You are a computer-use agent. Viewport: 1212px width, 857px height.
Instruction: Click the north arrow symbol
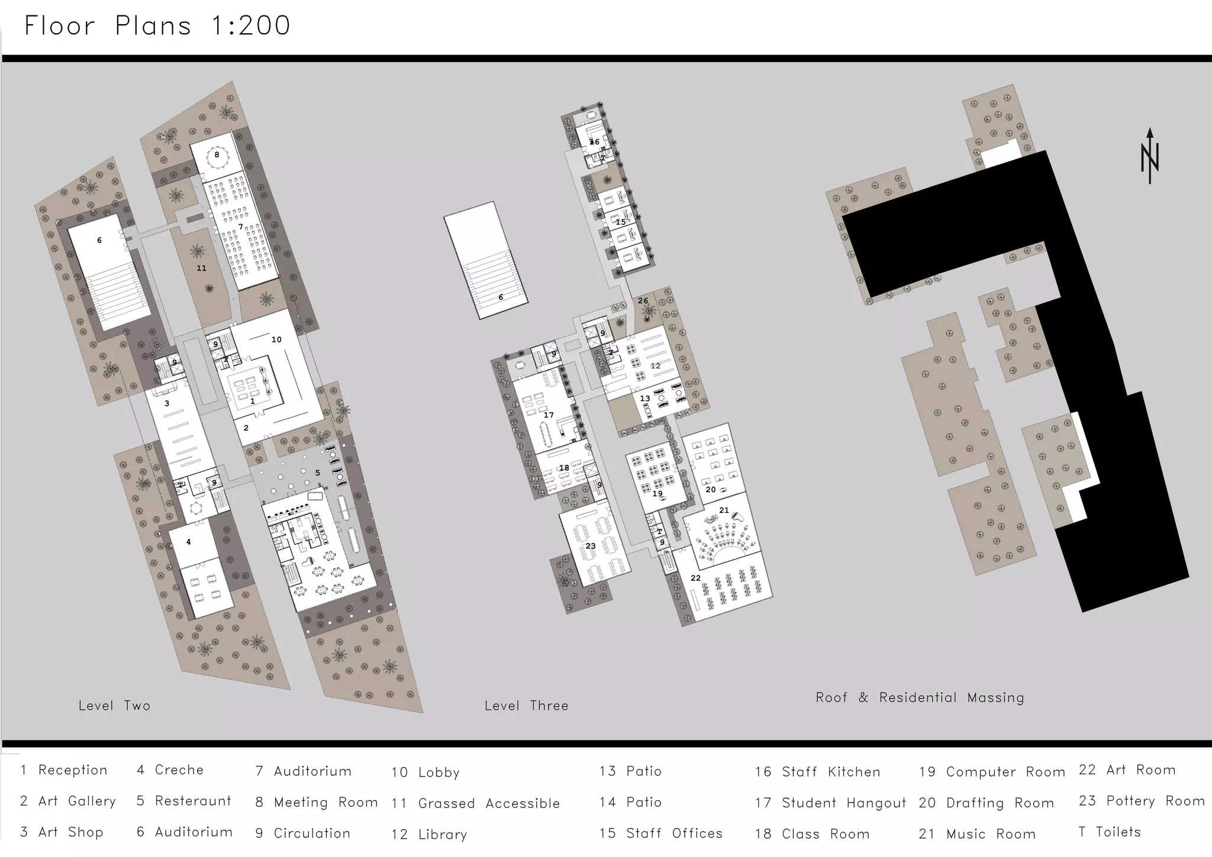pyautogui.click(x=1149, y=156)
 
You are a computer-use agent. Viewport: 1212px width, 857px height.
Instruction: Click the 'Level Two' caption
pyautogui.click(x=114, y=706)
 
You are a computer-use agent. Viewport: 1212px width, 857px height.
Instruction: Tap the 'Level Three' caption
pyautogui.click(x=526, y=706)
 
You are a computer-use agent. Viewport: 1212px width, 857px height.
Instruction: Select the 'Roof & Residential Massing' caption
pyautogui.click(x=920, y=697)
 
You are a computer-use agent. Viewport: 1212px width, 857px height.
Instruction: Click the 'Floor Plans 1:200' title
pyautogui.click(x=157, y=26)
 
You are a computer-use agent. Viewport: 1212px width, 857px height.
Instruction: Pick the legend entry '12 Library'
pyautogui.click(x=429, y=834)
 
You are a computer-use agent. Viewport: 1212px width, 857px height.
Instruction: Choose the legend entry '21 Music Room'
pyautogui.click(x=977, y=834)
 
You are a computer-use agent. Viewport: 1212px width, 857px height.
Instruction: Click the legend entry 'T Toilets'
pyautogui.click(x=1109, y=832)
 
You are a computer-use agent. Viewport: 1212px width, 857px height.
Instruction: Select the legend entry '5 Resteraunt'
pyautogui.click(x=183, y=801)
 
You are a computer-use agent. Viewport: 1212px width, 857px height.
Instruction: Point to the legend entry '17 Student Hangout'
pyautogui.click(x=830, y=803)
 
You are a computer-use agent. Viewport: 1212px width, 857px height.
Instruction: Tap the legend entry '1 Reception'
pyautogui.click(x=64, y=769)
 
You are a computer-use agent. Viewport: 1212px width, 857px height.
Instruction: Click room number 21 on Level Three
pyautogui.click(x=724, y=510)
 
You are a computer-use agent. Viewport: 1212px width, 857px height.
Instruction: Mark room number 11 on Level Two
pyautogui.click(x=201, y=268)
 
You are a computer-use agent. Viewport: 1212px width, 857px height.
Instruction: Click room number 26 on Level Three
pyautogui.click(x=643, y=300)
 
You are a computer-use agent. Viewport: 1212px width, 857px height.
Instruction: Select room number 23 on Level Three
pyautogui.click(x=590, y=546)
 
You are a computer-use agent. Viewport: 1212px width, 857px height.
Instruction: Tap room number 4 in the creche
pyautogui.click(x=188, y=542)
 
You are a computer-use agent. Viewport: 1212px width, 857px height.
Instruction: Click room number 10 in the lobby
pyautogui.click(x=276, y=339)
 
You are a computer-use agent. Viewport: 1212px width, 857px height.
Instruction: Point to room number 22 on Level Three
pyautogui.click(x=695, y=578)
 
